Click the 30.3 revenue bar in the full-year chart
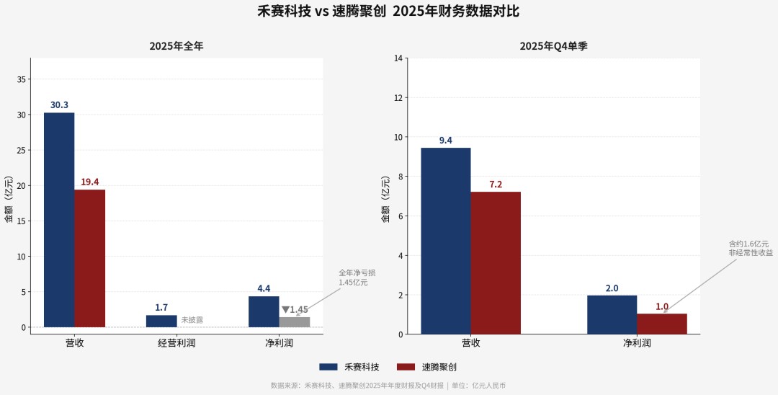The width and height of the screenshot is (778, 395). [x=59, y=220]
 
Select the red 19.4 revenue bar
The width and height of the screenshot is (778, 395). [x=89, y=258]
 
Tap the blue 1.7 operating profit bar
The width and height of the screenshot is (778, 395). [x=161, y=321]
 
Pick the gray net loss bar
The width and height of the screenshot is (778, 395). [x=295, y=322]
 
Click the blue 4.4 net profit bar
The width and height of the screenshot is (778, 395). [x=264, y=311]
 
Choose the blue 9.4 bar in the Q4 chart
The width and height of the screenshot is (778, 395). [x=445, y=241]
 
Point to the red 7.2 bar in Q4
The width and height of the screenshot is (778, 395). [x=496, y=262]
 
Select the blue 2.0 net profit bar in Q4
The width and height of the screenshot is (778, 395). [x=612, y=314]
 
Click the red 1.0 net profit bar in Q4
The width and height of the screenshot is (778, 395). [x=662, y=324]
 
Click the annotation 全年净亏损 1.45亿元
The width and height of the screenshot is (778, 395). [x=357, y=278]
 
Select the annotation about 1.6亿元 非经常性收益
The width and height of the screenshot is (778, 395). [x=750, y=249]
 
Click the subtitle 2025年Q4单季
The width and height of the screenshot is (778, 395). [x=554, y=46]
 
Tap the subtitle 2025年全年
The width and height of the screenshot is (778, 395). [x=176, y=46]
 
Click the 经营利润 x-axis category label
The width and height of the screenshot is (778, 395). [x=176, y=343]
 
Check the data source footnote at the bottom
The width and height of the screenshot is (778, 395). [x=388, y=386]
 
